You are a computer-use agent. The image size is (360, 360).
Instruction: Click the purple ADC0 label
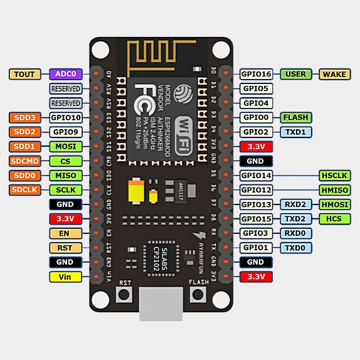click(x=65, y=74)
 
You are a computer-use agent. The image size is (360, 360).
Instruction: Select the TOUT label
click(x=25, y=74)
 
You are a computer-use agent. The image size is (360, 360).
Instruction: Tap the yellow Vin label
click(x=65, y=277)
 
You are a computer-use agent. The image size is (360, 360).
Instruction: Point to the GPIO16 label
click(x=256, y=74)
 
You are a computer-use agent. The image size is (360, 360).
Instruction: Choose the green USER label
click(x=295, y=74)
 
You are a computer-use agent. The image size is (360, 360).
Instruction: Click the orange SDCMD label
click(x=25, y=161)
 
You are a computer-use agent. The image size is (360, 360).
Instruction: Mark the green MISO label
click(x=65, y=175)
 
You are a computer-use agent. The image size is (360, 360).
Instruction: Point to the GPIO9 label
click(x=65, y=132)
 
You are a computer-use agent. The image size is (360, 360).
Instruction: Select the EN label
click(x=65, y=233)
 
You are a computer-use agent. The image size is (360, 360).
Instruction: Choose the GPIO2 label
click(x=256, y=132)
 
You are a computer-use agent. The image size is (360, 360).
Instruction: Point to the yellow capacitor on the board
click(x=136, y=191)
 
